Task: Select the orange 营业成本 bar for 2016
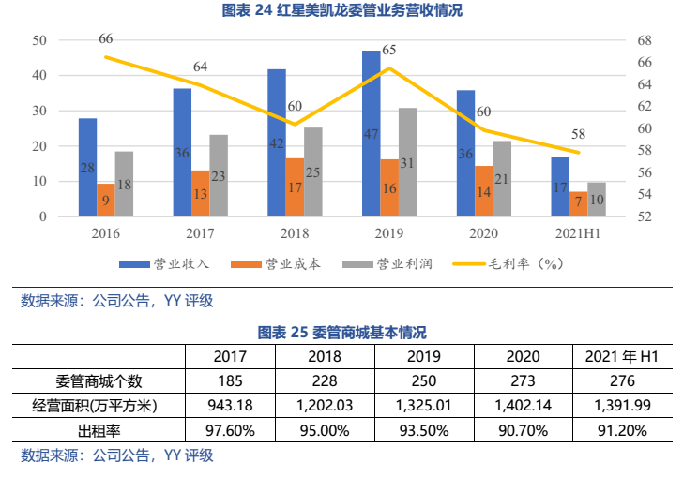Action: (x=105, y=200)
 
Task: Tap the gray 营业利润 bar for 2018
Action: (x=313, y=172)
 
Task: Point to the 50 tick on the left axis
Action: (x=39, y=40)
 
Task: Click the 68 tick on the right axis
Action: (x=642, y=40)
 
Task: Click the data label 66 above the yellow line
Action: (x=106, y=39)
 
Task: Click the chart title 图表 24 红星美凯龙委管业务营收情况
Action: (x=341, y=11)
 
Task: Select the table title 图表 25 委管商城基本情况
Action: (x=341, y=333)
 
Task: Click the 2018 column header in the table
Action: (x=326, y=357)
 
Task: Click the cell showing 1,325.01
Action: (x=424, y=406)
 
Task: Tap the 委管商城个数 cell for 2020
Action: (x=523, y=381)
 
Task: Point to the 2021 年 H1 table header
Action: (x=621, y=357)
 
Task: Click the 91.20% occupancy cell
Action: (x=621, y=430)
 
